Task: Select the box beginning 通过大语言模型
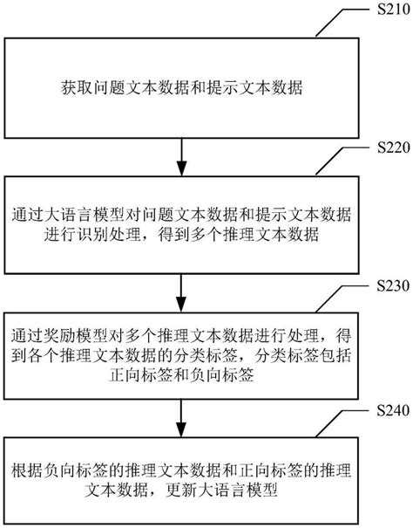click(x=179, y=225)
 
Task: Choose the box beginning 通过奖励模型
click(x=179, y=356)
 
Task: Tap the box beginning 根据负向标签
click(x=179, y=478)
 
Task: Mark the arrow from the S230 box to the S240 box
click(x=179, y=415)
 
